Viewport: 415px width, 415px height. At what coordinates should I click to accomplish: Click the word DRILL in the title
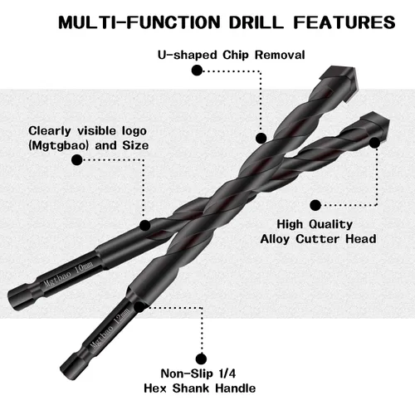256,22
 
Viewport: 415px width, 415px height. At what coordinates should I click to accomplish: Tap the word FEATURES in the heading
344,22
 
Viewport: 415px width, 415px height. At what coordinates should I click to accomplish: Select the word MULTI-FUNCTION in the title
139,22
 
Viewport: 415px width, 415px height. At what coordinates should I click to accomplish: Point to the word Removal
280,55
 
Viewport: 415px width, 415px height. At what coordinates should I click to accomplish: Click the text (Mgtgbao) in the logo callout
58,146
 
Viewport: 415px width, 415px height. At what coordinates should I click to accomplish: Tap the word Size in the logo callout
135,145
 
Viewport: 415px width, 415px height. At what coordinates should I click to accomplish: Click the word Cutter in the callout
318,239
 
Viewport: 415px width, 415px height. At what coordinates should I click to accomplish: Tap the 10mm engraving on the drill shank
84,267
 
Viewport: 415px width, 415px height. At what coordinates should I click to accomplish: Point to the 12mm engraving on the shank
122,316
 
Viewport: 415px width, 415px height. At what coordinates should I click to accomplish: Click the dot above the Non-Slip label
201,359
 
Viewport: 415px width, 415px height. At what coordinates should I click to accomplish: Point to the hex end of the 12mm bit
70,367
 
